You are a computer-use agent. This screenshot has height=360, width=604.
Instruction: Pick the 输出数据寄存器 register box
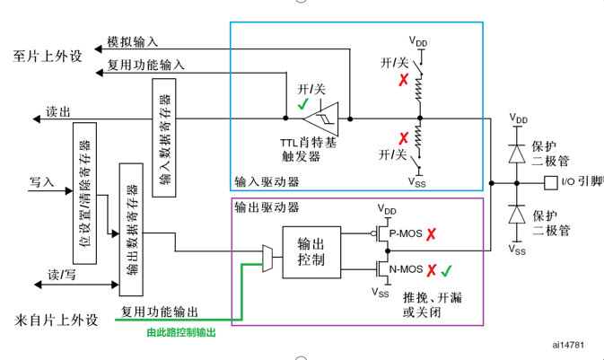[x=130, y=229]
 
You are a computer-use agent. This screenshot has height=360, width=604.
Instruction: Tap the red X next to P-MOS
[x=432, y=236]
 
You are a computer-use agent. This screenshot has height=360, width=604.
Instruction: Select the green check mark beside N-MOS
[x=447, y=269]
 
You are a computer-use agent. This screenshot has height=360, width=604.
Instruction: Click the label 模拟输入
[x=133, y=41]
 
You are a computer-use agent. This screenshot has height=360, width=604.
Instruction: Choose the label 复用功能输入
[x=145, y=65]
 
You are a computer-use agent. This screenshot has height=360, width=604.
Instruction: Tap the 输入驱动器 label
[x=267, y=181]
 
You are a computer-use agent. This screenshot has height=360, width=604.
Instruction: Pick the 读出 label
[x=57, y=112]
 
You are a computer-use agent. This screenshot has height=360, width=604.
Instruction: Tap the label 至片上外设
[x=48, y=56]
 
